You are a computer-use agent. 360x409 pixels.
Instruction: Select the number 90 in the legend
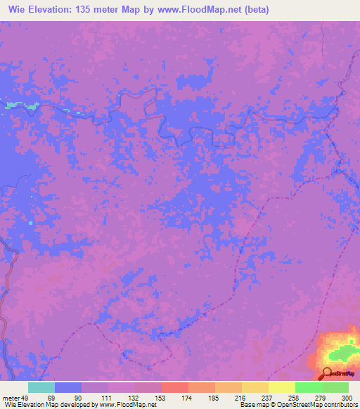point(77,398)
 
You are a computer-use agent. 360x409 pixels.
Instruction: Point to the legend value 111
point(106,398)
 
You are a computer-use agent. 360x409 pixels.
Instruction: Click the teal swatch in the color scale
point(41,387)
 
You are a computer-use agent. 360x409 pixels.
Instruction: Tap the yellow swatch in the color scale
point(282,387)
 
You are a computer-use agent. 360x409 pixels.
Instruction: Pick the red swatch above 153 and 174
point(175,387)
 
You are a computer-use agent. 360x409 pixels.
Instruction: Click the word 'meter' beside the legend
point(10,398)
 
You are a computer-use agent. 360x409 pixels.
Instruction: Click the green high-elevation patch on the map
point(344,351)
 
